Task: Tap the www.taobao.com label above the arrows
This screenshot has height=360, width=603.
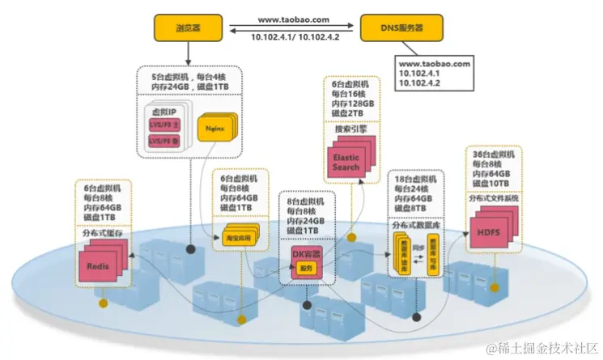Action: (x=293, y=19)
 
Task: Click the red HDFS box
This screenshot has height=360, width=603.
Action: (x=488, y=232)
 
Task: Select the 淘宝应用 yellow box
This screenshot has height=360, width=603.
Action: (x=233, y=238)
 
